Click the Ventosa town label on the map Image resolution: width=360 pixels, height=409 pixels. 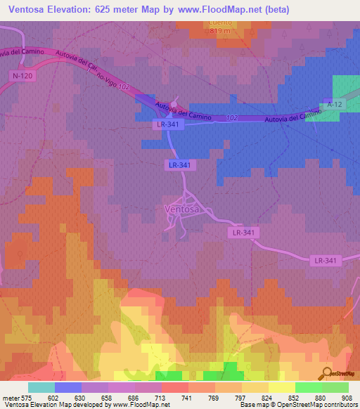182,209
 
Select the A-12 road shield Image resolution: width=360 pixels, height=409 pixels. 335,103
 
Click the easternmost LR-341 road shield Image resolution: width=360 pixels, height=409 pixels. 326,260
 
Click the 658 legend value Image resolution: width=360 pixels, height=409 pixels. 106,397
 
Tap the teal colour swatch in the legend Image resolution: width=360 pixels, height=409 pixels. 41,387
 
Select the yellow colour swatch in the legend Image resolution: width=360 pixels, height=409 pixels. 281,387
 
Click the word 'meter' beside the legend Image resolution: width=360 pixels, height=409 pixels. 10,397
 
